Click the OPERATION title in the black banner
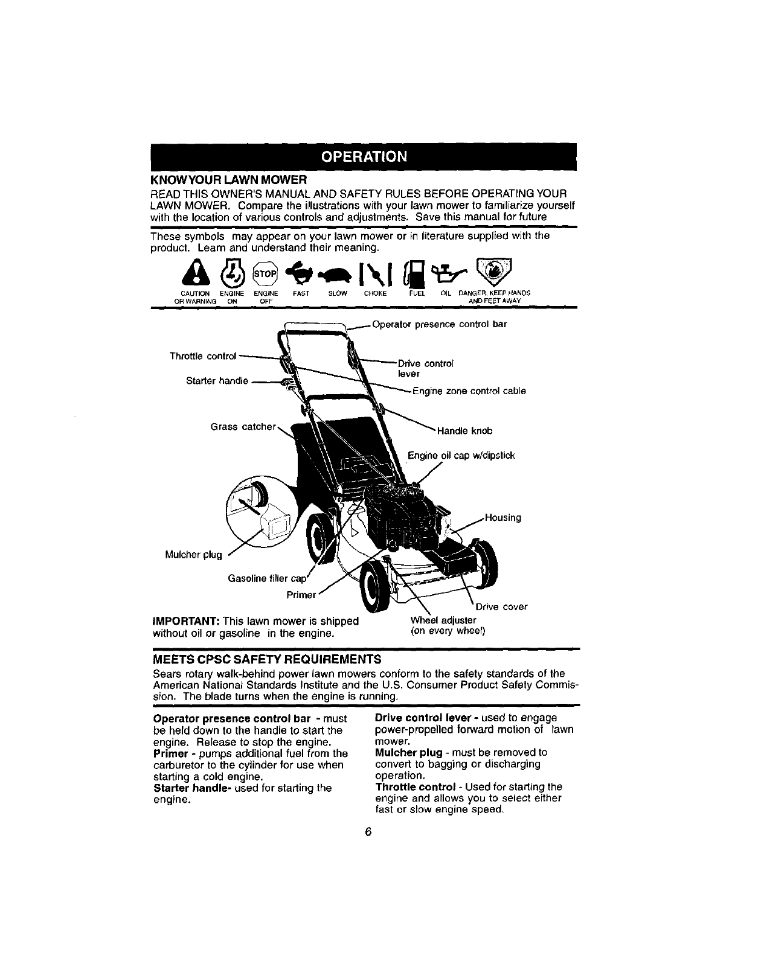(x=364, y=157)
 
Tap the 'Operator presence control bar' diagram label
(x=439, y=324)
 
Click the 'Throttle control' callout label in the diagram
(x=202, y=356)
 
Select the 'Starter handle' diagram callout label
(x=217, y=381)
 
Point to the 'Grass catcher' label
(x=243, y=427)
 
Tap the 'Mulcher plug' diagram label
(x=193, y=555)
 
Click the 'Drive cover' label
(x=501, y=607)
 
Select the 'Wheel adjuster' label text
(x=443, y=620)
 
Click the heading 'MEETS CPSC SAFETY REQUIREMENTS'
(x=267, y=657)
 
